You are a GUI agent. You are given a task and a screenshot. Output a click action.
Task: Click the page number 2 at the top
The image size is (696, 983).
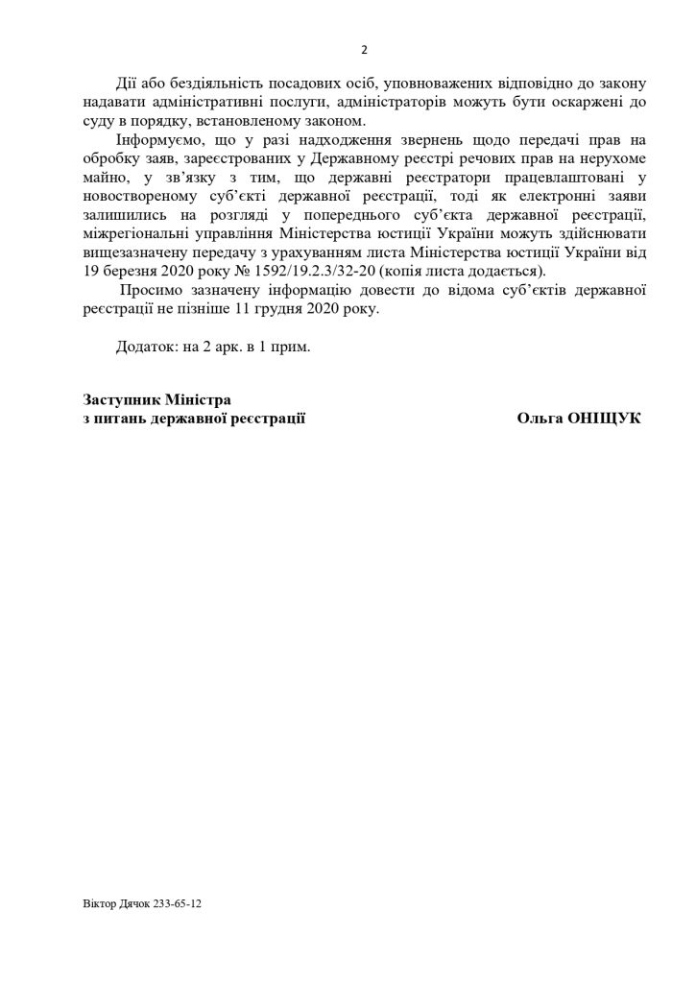point(364,50)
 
